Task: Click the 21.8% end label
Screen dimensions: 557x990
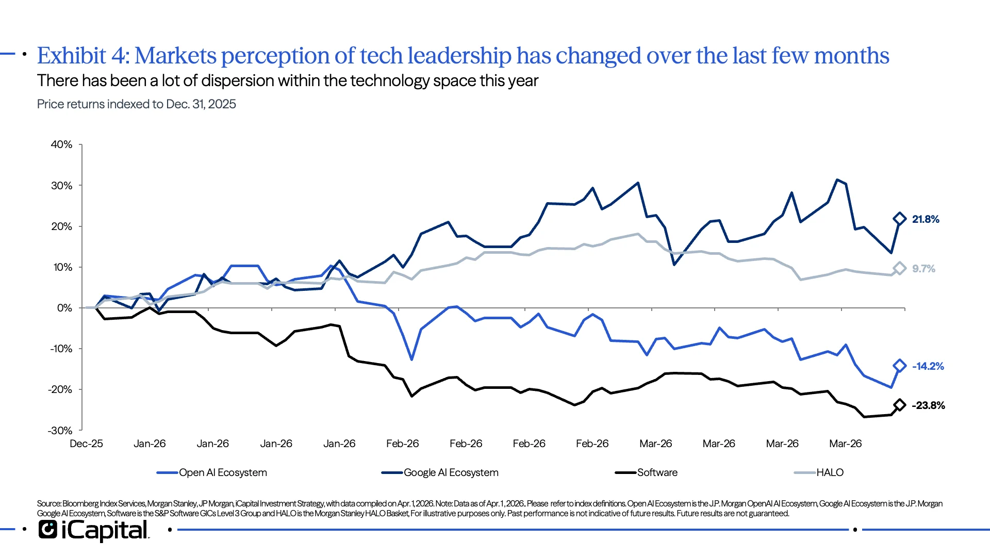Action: tap(926, 219)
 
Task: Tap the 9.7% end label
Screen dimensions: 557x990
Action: tap(923, 269)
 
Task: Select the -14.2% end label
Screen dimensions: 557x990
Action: tap(928, 366)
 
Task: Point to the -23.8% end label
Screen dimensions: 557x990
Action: tap(928, 405)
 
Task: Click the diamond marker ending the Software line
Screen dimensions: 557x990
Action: tap(899, 405)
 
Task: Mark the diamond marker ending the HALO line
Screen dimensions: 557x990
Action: tap(899, 268)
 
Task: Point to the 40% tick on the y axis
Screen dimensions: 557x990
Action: tap(61, 145)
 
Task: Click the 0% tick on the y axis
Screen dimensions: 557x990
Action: tap(64, 308)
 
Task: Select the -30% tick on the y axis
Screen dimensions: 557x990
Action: tap(60, 430)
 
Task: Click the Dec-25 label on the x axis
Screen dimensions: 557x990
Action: tap(86, 444)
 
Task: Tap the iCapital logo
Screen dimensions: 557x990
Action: tap(93, 530)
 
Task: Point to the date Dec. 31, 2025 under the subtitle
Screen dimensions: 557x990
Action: tap(201, 104)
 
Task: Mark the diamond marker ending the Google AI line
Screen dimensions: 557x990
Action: tap(899, 219)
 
